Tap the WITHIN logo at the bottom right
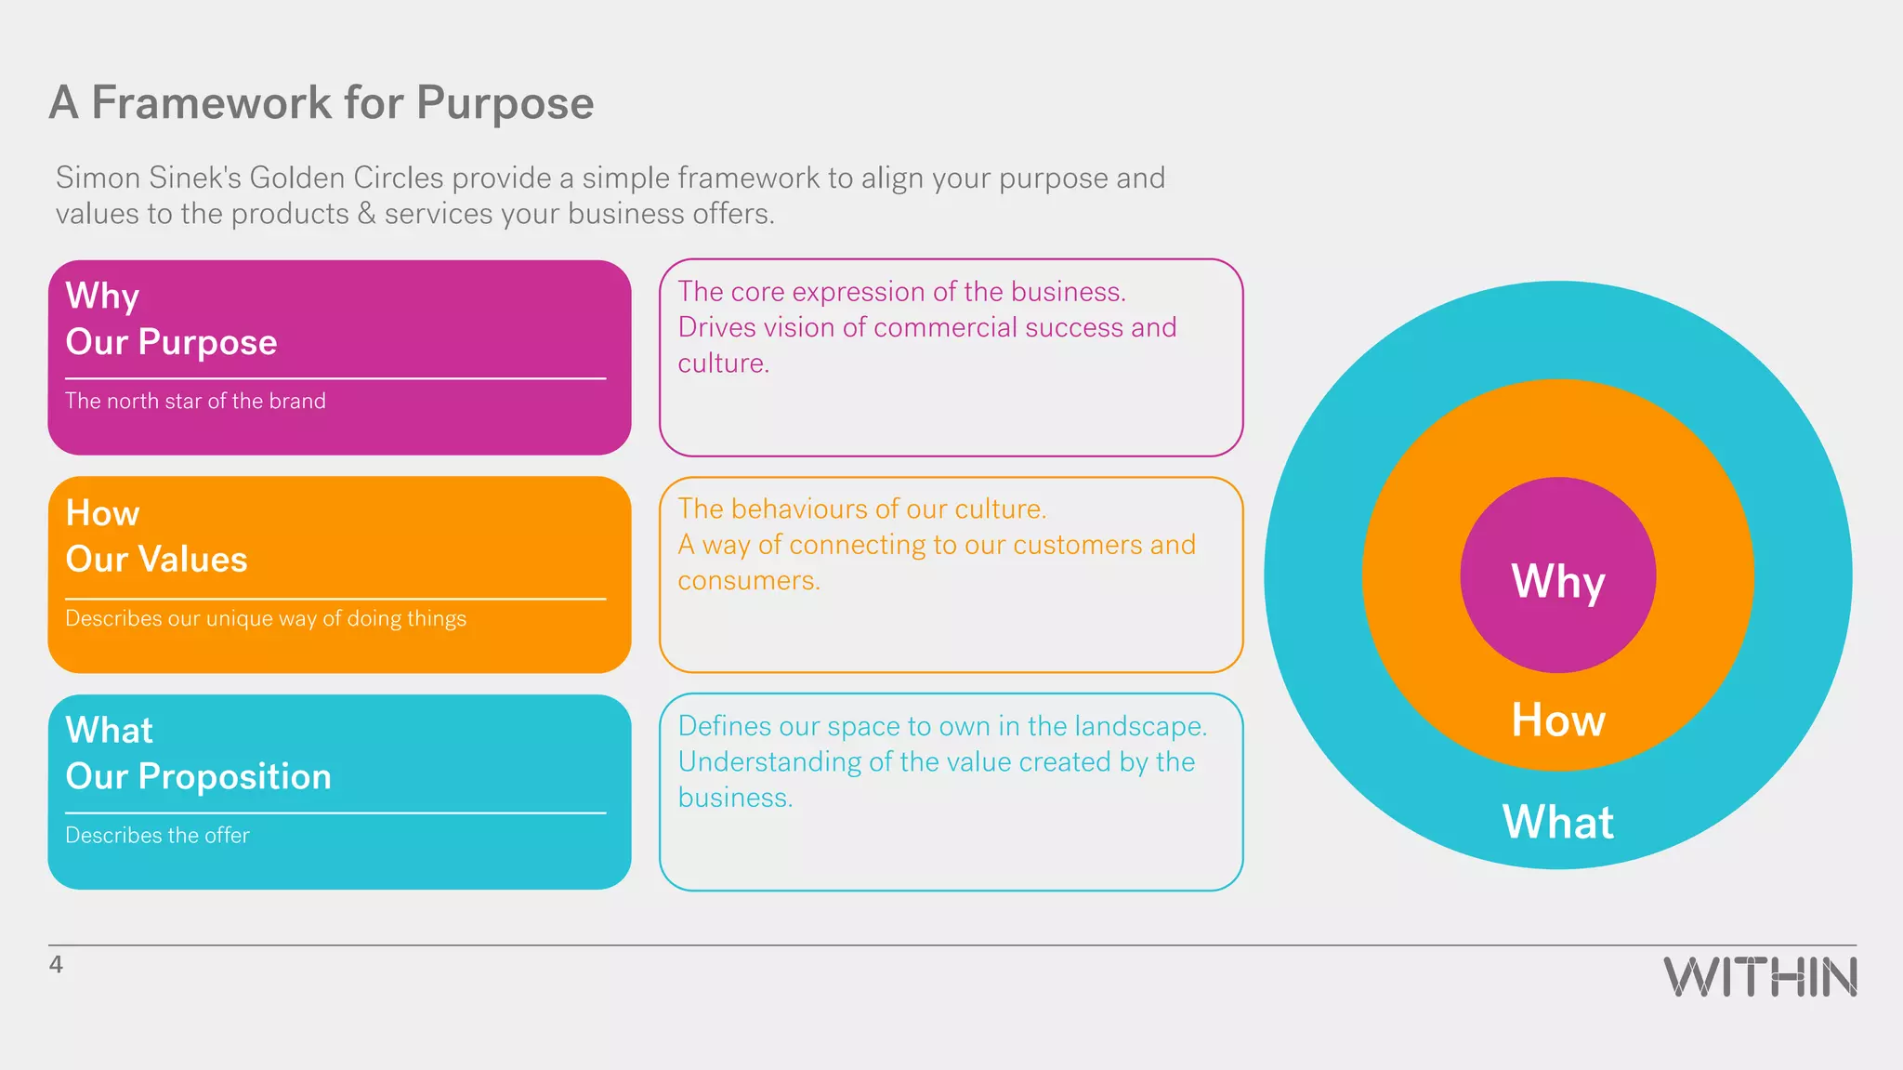pos(1760,977)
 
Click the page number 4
pos(56,965)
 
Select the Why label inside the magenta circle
pos(1558,582)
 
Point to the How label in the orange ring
pos(1558,720)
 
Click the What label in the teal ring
pos(1558,823)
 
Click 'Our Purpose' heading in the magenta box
pos(171,342)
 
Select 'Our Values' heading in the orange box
pos(156,560)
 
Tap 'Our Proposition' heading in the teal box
pos(198,776)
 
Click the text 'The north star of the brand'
pos(195,401)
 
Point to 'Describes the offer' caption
pos(157,835)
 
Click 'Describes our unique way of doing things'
pos(266,618)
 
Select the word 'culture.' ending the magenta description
pos(723,363)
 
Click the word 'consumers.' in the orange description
pos(748,581)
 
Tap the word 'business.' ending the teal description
pos(735,798)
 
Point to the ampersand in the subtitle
pos(367,214)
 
